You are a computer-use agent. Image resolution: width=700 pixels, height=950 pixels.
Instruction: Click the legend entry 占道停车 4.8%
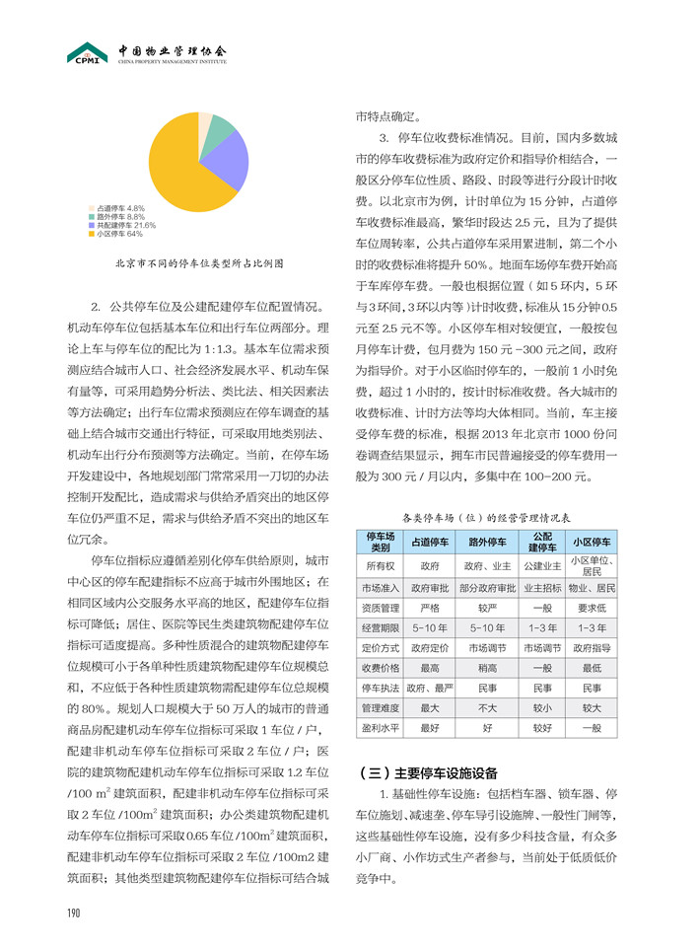pyautogui.click(x=120, y=208)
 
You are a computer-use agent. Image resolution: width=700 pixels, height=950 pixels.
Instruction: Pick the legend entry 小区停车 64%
pyautogui.click(x=118, y=234)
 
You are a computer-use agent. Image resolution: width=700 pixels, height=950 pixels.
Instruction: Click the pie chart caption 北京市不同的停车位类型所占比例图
pyautogui.click(x=198, y=263)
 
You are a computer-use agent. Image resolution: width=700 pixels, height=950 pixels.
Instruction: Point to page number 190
pyautogui.click(x=73, y=912)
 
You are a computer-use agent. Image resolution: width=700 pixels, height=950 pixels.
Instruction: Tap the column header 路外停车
pyautogui.click(x=487, y=542)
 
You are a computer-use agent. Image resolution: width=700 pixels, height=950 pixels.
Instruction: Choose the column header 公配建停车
pyautogui.click(x=542, y=542)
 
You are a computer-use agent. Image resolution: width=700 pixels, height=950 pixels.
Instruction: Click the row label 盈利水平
pyautogui.click(x=380, y=728)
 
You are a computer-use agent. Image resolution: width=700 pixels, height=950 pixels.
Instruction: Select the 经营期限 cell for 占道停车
pyautogui.click(x=430, y=627)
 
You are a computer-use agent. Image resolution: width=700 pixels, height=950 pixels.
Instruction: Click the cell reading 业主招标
pyautogui.click(x=542, y=589)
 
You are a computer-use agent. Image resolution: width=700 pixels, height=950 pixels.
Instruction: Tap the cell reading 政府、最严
pyautogui.click(x=430, y=687)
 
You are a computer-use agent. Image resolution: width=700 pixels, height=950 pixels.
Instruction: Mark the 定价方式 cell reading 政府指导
pyautogui.click(x=592, y=647)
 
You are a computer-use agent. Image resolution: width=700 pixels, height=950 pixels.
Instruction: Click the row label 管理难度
pyautogui.click(x=380, y=707)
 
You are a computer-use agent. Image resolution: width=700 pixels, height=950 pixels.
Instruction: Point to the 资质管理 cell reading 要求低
pyautogui.click(x=592, y=609)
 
